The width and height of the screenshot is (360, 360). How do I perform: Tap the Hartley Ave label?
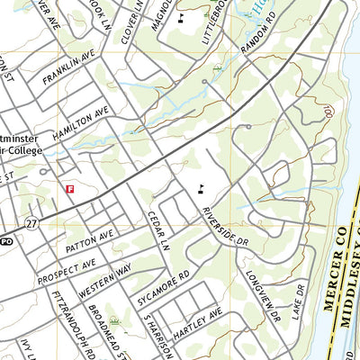(x=196, y=325)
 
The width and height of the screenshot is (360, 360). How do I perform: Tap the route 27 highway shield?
(x=31, y=222)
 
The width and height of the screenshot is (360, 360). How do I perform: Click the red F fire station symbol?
(x=70, y=188)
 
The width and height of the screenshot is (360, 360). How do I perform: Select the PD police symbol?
(x=5, y=241)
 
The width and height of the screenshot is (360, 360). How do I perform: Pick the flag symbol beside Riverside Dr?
(x=201, y=189)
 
